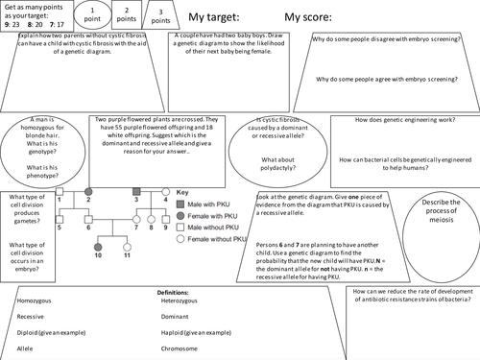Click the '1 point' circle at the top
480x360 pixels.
pyautogui.click(x=93, y=17)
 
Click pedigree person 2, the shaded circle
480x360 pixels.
pyautogui.click(x=88, y=193)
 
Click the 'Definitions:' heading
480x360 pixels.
pyautogui.click(x=176, y=290)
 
